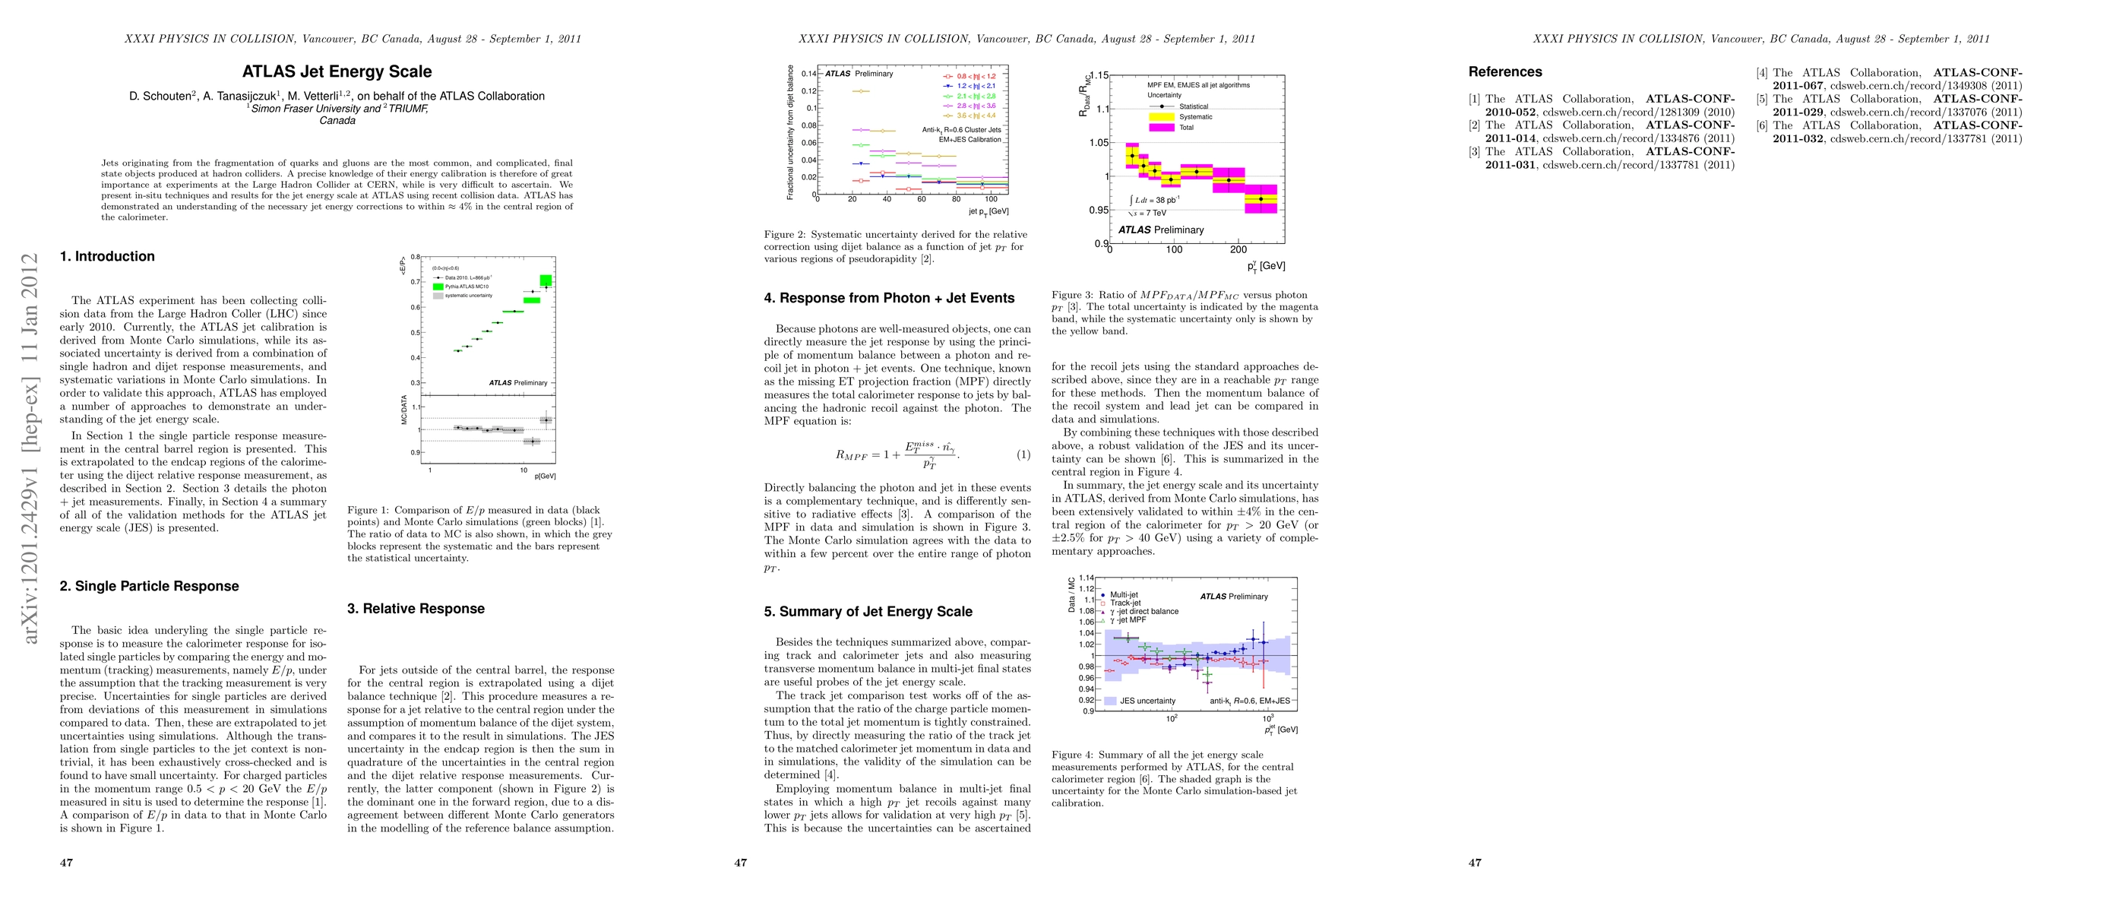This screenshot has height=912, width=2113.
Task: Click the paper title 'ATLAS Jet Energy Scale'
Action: coord(337,72)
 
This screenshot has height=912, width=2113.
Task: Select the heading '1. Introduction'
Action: coord(106,257)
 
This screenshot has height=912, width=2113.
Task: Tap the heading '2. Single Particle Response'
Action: coord(148,587)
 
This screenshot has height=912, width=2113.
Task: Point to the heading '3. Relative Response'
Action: coord(415,609)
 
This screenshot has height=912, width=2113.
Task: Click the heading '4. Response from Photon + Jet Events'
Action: coord(888,299)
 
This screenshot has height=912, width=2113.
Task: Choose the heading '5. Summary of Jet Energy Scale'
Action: coord(867,612)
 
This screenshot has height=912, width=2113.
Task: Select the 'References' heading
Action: coord(1504,72)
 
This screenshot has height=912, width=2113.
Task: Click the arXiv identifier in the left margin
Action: coord(30,448)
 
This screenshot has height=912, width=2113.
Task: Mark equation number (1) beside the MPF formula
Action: coord(1023,454)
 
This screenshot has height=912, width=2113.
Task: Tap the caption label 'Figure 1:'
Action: coord(368,510)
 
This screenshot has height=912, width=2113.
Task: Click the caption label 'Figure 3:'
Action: coord(1072,295)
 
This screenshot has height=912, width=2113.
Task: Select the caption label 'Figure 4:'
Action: coord(1072,755)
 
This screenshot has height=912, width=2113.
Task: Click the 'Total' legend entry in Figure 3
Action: coord(1186,128)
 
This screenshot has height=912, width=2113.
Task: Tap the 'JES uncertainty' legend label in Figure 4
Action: coord(1147,701)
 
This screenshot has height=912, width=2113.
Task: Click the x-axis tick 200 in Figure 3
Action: coord(1238,249)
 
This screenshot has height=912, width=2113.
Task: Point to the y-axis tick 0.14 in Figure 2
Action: coord(808,74)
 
